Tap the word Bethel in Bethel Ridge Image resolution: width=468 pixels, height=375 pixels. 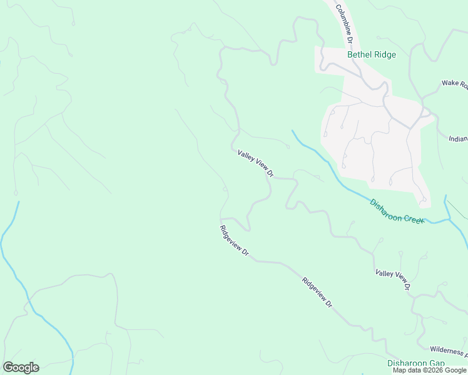pos(360,54)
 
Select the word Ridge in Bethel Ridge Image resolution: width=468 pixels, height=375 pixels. pos(385,54)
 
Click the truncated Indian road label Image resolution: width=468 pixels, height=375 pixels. pos(457,139)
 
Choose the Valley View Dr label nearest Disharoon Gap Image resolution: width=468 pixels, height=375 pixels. pos(392,279)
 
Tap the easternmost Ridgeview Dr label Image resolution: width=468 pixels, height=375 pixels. pos(317,292)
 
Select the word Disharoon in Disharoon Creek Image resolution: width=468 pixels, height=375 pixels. pos(385,207)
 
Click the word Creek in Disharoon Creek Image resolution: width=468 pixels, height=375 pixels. pos(414,219)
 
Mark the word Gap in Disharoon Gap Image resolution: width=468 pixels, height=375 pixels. pos(437,363)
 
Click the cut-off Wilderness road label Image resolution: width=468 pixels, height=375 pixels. pos(449,351)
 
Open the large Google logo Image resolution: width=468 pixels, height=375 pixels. pos(21,367)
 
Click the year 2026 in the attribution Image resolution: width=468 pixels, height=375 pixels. pos(434,370)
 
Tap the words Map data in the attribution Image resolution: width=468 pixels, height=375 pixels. pos(407,370)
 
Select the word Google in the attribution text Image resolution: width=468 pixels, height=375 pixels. pos(455,370)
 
